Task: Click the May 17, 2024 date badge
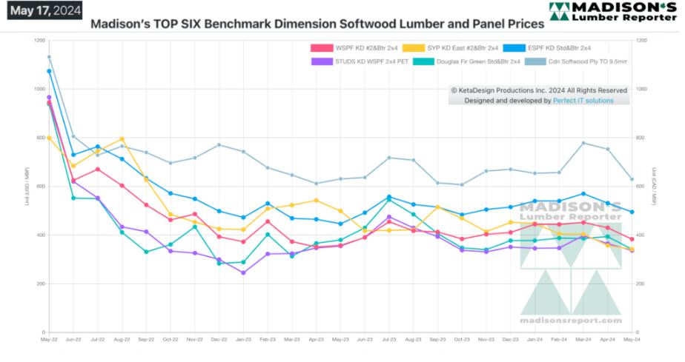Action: (42, 10)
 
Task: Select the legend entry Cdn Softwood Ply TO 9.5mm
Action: (586, 61)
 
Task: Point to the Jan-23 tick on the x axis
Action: (243, 339)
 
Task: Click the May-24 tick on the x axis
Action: (631, 339)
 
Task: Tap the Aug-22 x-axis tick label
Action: (122, 339)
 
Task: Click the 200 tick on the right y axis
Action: (641, 284)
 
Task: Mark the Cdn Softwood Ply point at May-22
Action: (49, 57)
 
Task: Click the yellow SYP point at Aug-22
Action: (122, 139)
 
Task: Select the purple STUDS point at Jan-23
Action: (243, 272)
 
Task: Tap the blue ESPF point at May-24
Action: (631, 212)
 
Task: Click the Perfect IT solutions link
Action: (583, 100)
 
